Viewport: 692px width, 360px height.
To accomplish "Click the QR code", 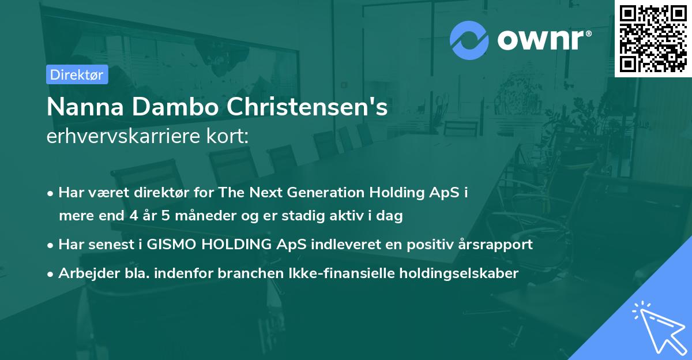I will tap(653, 39).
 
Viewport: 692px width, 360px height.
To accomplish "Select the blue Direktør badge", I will tap(77, 74).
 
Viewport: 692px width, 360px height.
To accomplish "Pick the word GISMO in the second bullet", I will tap(171, 244).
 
